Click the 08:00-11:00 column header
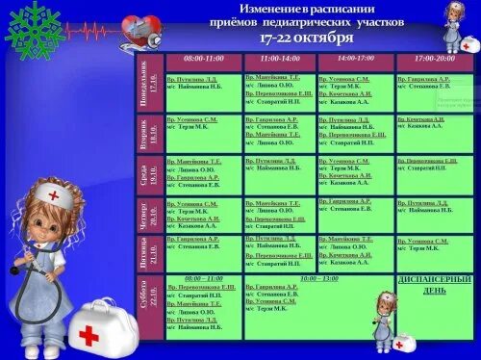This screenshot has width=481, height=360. click(x=202, y=60)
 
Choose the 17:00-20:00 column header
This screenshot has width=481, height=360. click(x=434, y=60)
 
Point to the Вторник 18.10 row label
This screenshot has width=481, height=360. click(x=146, y=133)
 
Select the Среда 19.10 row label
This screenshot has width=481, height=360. click(x=146, y=175)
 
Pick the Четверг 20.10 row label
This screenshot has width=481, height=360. click(x=146, y=216)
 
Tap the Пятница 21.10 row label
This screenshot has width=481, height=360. click(x=146, y=253)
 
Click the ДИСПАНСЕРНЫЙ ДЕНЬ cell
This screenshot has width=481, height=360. click(x=433, y=285)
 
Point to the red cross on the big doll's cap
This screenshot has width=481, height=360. click(x=54, y=194)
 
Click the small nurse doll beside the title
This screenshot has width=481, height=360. click(x=453, y=24)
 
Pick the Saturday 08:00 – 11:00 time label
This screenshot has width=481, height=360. click(x=203, y=278)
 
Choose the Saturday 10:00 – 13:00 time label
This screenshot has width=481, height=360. click(x=318, y=278)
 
